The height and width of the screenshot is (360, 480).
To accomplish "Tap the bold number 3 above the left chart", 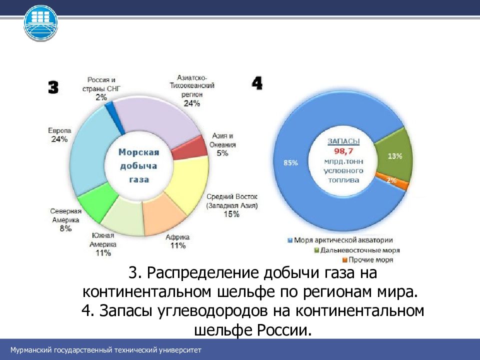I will click(53, 88).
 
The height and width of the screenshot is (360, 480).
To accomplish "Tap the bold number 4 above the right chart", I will click(257, 82).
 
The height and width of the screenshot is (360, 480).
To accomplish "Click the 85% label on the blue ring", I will click(290, 162).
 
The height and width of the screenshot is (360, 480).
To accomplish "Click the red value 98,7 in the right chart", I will click(342, 150).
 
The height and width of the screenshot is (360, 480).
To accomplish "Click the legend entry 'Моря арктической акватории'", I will click(342, 240).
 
